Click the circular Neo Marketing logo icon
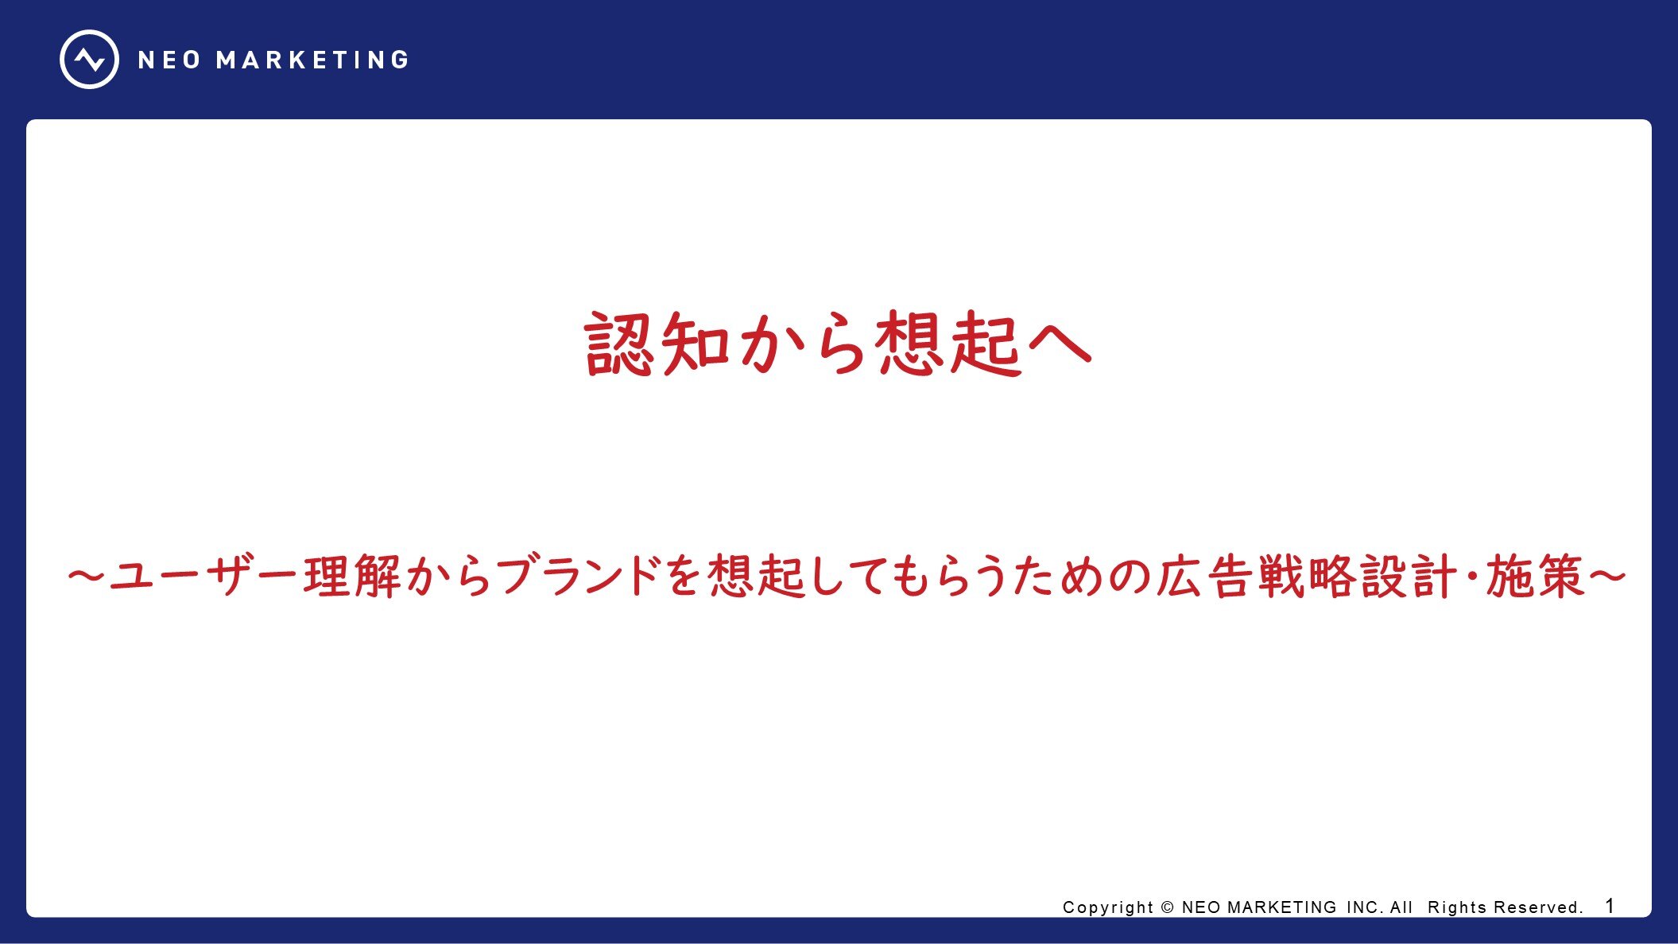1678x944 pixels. (89, 60)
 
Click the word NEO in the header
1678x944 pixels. (169, 60)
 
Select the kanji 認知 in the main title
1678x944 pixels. (657, 343)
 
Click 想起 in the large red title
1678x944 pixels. (948, 343)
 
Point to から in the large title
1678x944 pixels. (802, 344)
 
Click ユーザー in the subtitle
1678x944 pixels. (204, 577)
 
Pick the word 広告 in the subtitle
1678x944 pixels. (1203, 577)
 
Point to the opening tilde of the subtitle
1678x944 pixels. (87, 576)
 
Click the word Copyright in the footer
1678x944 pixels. (1108, 907)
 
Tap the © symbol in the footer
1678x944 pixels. (1168, 907)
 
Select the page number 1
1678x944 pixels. (1610, 906)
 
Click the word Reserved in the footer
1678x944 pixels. (1538, 907)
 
